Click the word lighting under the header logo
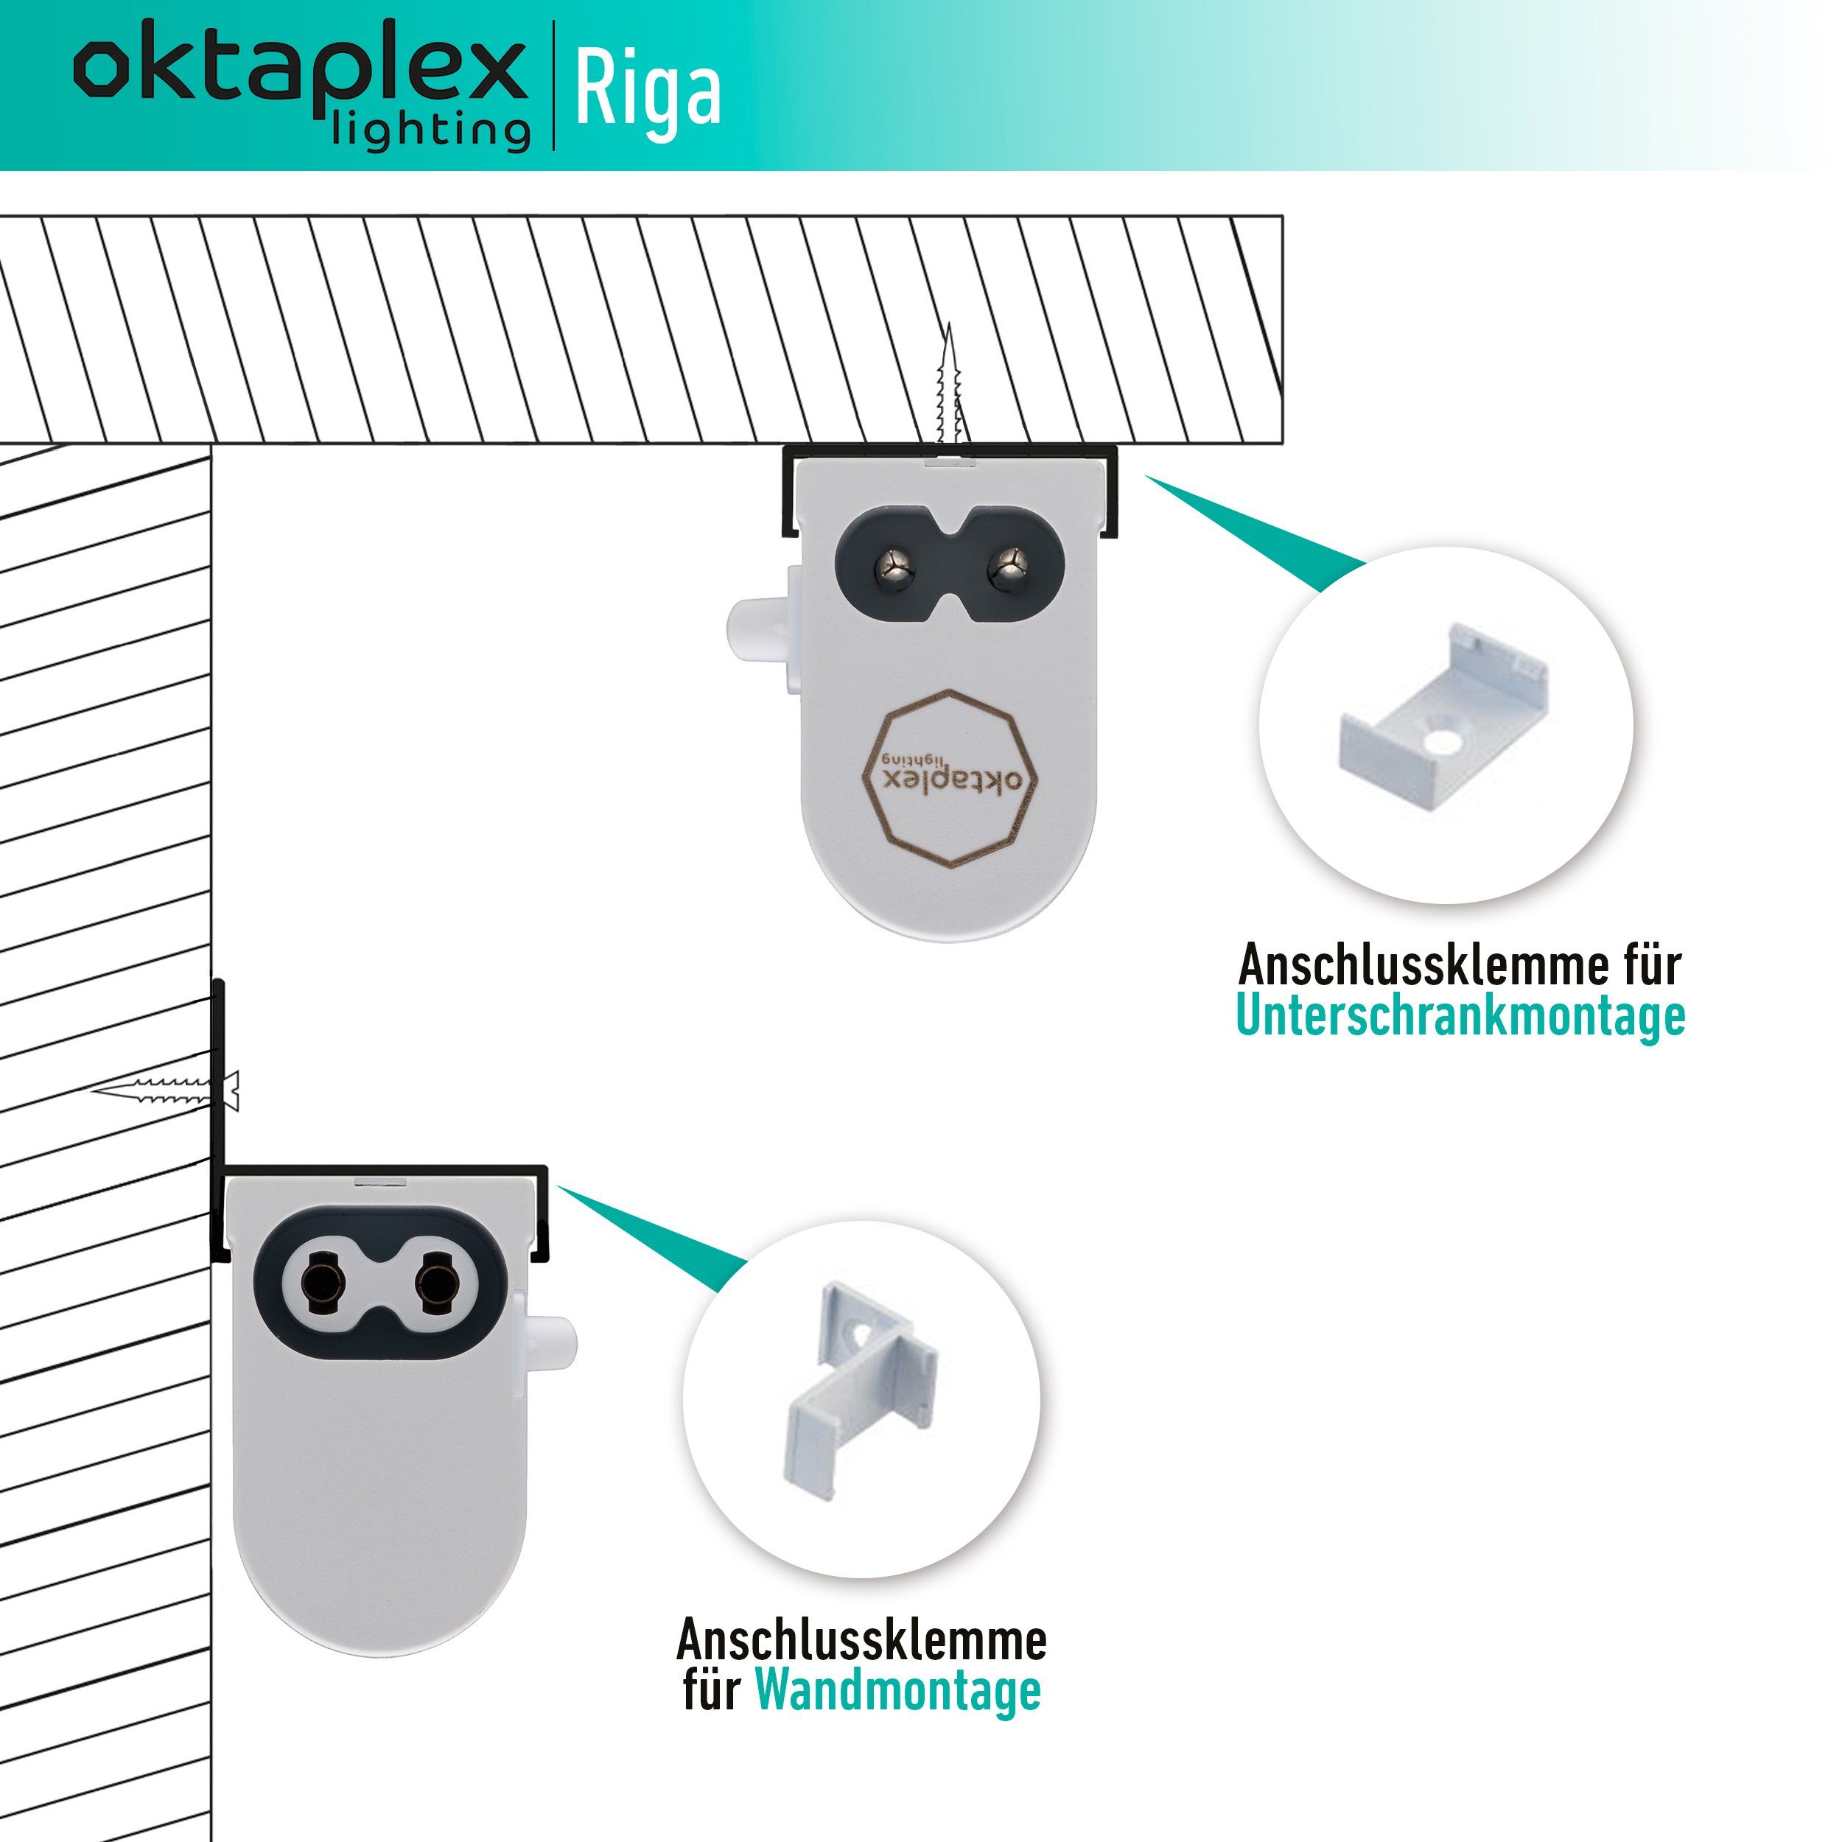click(x=431, y=130)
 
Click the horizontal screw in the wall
click(x=166, y=1090)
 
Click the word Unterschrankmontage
click(x=1460, y=1016)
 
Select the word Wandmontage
click(x=897, y=1690)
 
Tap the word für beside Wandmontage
click(x=711, y=1690)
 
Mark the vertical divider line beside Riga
click(x=553, y=85)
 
